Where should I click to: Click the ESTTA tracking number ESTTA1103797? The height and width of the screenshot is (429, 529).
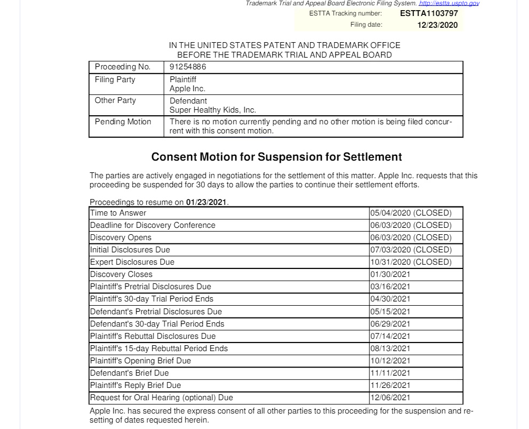click(429, 13)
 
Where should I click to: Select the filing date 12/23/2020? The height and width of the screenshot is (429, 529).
click(437, 25)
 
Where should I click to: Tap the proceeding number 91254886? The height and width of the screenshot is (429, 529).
click(188, 67)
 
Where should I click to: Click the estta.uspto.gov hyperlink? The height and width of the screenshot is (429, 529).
click(449, 3)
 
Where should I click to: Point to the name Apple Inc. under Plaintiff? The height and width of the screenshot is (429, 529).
click(187, 89)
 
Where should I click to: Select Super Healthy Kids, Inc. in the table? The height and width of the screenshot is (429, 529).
click(212, 110)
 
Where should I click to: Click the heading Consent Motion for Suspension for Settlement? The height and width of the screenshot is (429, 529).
click(277, 157)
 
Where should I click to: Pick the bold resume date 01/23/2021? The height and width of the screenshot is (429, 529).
click(207, 202)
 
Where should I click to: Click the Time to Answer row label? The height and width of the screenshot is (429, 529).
click(118, 213)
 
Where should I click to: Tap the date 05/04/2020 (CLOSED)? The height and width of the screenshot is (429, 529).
click(410, 213)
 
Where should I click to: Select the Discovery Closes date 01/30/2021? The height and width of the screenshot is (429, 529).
click(390, 274)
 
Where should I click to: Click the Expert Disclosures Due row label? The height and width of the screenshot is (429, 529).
click(132, 262)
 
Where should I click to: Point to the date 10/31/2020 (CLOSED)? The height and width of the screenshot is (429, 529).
click(410, 262)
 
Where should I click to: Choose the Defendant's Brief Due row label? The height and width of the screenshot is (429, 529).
click(129, 373)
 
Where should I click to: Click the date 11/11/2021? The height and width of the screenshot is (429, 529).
click(390, 373)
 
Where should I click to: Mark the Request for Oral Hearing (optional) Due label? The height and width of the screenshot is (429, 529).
click(161, 398)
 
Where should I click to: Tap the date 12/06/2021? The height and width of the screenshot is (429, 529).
click(390, 398)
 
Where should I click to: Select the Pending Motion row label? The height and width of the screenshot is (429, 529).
click(123, 122)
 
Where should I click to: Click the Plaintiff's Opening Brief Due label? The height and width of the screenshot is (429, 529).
click(140, 361)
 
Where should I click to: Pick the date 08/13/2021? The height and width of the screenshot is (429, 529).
click(390, 348)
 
